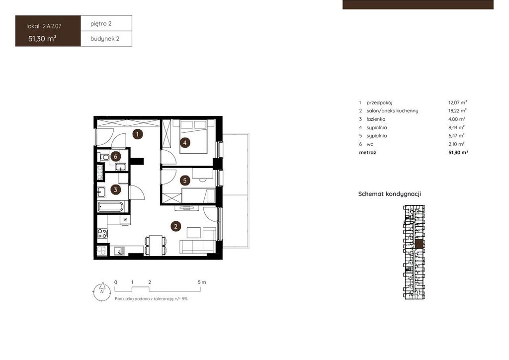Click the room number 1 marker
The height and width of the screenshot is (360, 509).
(138, 134)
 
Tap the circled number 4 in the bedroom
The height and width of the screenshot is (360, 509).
(185, 143)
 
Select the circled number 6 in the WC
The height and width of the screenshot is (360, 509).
(115, 157)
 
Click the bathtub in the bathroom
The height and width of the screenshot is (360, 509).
(111, 207)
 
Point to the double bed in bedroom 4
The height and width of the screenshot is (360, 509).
(194, 137)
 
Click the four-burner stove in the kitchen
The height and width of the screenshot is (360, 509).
(102, 233)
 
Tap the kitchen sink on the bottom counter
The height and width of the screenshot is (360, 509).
(119, 251)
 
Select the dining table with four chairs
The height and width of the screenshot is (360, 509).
(156, 246)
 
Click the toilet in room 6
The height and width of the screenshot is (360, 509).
(104, 158)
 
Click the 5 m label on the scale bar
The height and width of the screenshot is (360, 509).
(202, 282)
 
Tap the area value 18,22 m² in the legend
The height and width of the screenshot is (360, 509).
(457, 111)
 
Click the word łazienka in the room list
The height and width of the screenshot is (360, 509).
(376, 119)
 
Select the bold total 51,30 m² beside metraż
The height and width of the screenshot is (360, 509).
(458, 152)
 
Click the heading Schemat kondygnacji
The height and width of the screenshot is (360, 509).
(390, 194)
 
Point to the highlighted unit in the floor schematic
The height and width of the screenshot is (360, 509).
(420, 245)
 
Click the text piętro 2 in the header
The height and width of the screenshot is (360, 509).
(101, 23)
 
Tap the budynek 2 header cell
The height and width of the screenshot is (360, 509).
(106, 39)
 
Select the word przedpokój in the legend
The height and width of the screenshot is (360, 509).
(379, 102)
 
